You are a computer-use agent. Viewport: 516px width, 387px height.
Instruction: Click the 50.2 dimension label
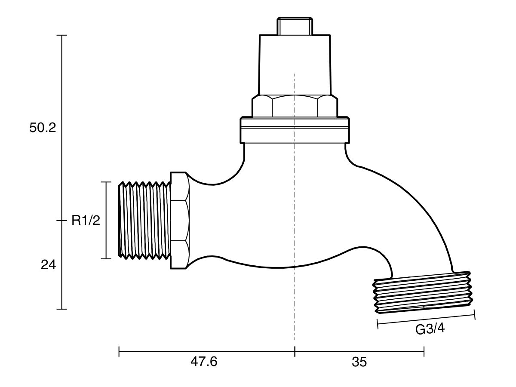pos(43,129)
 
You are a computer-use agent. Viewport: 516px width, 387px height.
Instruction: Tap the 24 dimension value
pos(49,265)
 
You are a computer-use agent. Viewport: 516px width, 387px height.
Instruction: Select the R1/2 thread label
pos(86,221)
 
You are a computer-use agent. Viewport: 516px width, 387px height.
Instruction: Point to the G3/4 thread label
pos(429,329)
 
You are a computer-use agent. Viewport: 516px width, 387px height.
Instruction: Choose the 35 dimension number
pos(359,362)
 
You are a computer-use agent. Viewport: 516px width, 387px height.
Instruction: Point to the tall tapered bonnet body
pos(295,64)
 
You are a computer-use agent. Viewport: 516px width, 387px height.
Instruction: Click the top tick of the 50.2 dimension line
pos(62,35)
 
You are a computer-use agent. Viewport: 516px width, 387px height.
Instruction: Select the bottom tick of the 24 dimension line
pos(62,309)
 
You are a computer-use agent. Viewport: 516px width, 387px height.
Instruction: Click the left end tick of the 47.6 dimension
pos(119,352)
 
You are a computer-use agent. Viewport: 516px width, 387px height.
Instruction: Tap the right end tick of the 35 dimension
pos(424,352)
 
